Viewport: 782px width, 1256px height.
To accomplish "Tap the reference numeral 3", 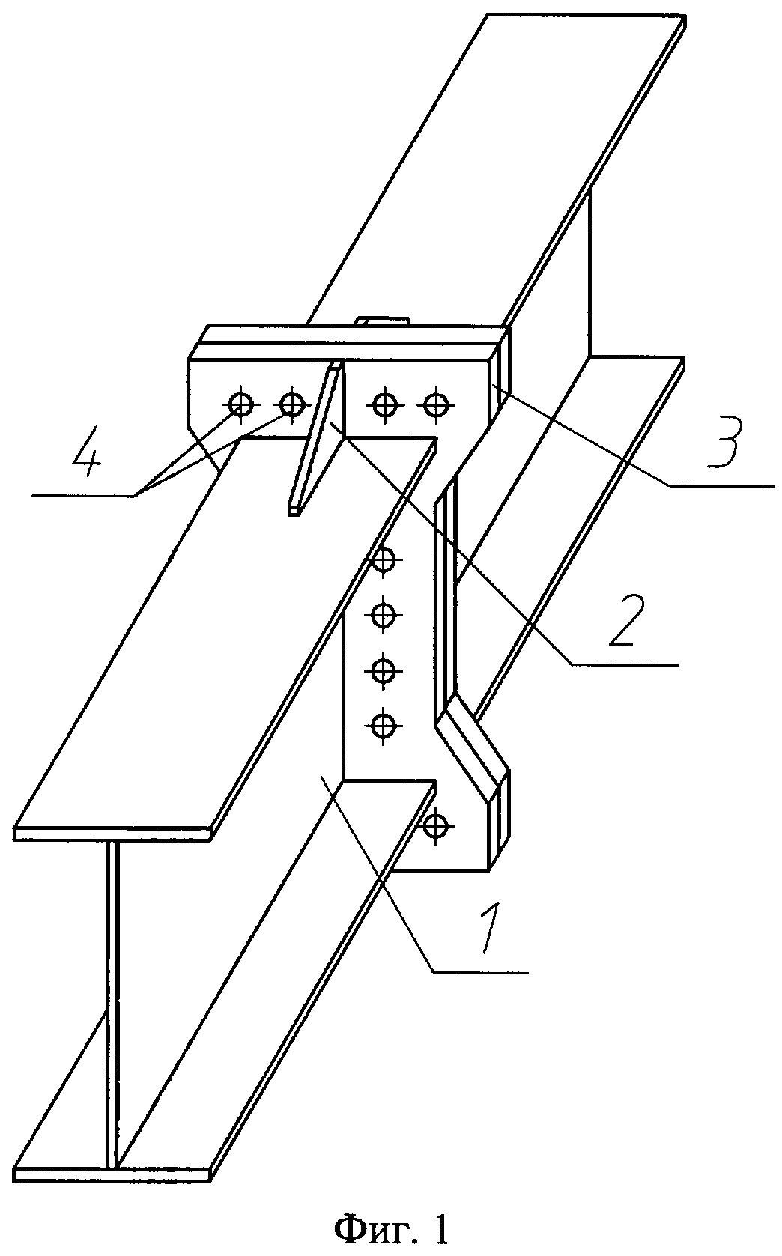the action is (x=724, y=442).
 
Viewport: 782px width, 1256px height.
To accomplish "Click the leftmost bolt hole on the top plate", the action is (x=240, y=403).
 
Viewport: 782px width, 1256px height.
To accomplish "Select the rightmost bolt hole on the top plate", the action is (x=436, y=403).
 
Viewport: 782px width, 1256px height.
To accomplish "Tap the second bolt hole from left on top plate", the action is (x=291, y=403).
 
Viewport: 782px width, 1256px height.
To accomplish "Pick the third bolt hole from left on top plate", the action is (x=385, y=403).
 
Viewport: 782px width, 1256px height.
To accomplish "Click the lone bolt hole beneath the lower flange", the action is (x=436, y=825).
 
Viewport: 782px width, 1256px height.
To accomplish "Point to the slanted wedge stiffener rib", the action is (x=317, y=437).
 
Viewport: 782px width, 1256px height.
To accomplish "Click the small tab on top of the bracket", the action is (x=384, y=321).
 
